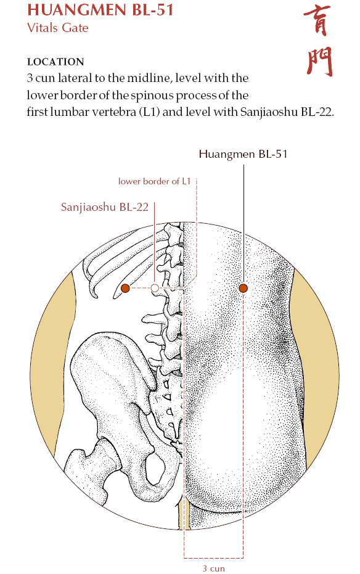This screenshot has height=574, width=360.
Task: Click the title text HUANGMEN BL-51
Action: [100, 10]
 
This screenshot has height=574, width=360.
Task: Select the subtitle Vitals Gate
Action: [58, 28]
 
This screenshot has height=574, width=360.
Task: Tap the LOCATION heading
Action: [55, 62]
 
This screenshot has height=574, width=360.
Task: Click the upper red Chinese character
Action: [317, 20]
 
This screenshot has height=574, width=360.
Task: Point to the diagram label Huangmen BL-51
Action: [243, 154]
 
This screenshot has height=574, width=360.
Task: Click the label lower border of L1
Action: [154, 181]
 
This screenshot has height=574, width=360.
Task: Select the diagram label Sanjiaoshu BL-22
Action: [105, 207]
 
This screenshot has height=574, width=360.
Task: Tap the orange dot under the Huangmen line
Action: [243, 289]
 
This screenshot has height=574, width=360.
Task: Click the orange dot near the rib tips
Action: [125, 288]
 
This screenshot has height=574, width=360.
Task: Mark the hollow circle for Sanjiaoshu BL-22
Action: [155, 289]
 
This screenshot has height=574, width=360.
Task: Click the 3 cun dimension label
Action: [214, 568]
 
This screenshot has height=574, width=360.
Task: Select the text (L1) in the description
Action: [149, 112]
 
